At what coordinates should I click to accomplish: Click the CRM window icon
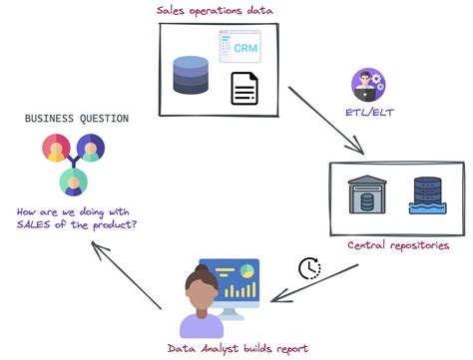click(x=239, y=48)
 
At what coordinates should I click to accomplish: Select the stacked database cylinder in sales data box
click(x=191, y=75)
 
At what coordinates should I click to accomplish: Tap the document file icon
click(x=244, y=89)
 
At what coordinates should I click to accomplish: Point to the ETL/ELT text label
click(x=368, y=113)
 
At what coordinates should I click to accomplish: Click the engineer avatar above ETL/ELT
click(x=367, y=84)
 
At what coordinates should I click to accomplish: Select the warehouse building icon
click(x=367, y=195)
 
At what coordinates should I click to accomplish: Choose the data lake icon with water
click(x=427, y=195)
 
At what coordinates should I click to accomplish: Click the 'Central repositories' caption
click(x=397, y=245)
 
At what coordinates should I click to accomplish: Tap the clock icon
click(x=309, y=268)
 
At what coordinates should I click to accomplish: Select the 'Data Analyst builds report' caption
click(x=236, y=348)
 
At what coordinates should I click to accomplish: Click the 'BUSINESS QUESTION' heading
click(x=77, y=119)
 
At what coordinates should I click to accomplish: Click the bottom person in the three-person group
click(x=73, y=180)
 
